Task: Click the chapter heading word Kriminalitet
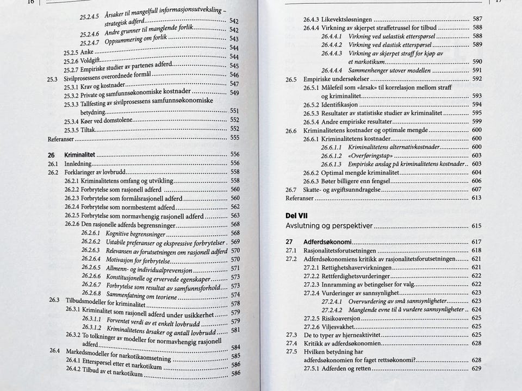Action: pyautogui.click(x=79, y=154)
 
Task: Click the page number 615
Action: pyautogui.click(x=477, y=225)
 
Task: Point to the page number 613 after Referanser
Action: pyautogui.click(x=477, y=198)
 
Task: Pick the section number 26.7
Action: pyautogui.click(x=291, y=190)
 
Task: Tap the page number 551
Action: pyautogui.click(x=235, y=111)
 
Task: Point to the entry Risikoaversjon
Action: pyautogui.click(x=340, y=318)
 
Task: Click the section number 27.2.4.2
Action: pyautogui.click(x=332, y=309)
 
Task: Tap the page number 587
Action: pyautogui.click(x=477, y=20)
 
